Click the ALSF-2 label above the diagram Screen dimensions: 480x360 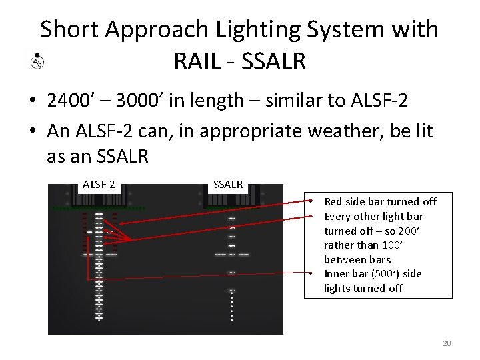[99, 184]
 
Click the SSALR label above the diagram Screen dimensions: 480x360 [227, 184]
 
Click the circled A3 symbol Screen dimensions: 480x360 [37, 62]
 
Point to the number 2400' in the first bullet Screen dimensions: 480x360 [71, 100]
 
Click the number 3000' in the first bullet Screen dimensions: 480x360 [139, 100]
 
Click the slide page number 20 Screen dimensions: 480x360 [447, 343]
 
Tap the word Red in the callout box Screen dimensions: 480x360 [333, 201]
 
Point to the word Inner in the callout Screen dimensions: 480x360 [337, 274]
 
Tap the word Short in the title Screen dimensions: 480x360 [69, 29]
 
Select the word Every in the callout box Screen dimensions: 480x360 [337, 216]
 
